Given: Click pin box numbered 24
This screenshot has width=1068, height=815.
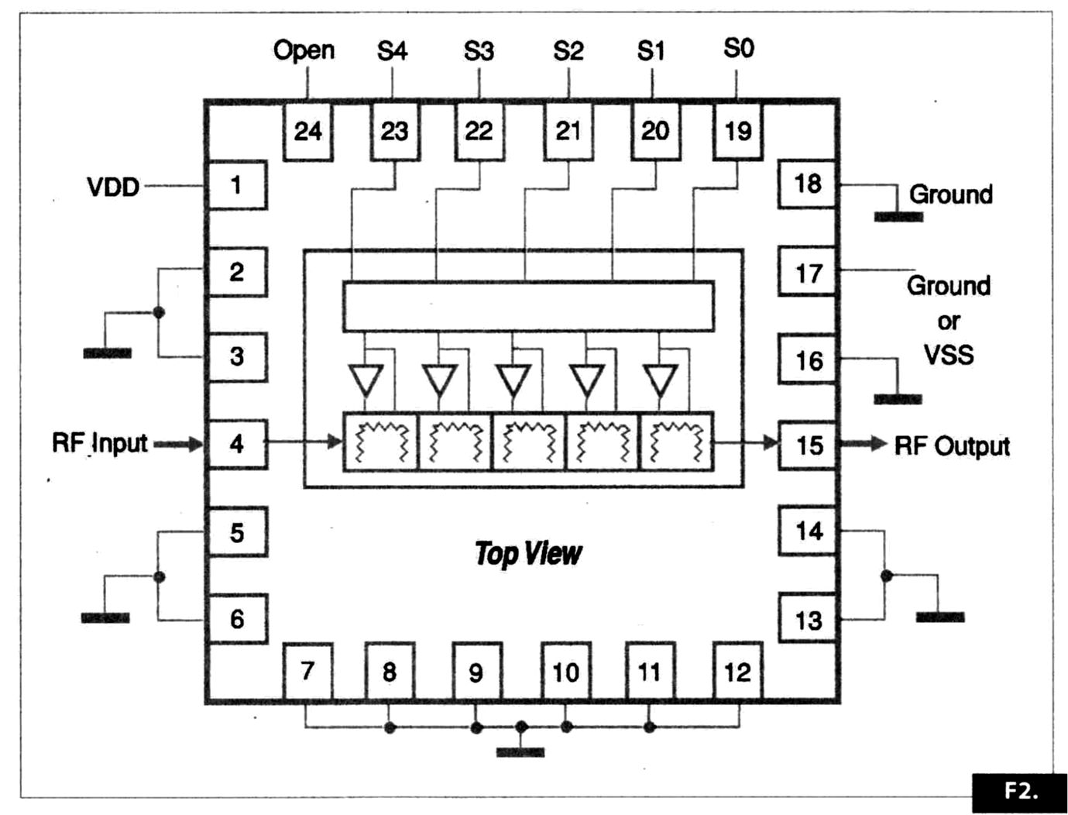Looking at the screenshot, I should pyautogui.click(x=307, y=131).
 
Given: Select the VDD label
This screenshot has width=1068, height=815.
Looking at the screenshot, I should pyautogui.click(x=113, y=187).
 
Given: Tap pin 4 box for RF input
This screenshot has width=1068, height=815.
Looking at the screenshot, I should pyautogui.click(x=237, y=444).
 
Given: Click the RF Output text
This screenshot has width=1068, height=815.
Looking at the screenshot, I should pyautogui.click(x=952, y=446).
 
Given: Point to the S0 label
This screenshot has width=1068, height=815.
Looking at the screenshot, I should pyautogui.click(x=738, y=49).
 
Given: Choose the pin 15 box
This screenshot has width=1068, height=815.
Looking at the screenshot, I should pyautogui.click(x=808, y=445).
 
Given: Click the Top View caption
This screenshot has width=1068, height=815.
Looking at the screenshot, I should pyautogui.click(x=528, y=553).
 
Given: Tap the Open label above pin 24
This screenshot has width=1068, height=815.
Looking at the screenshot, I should pyautogui.click(x=304, y=50).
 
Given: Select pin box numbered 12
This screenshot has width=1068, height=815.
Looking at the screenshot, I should pyautogui.click(x=737, y=672).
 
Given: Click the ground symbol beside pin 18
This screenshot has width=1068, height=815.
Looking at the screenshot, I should pyautogui.click(x=898, y=216).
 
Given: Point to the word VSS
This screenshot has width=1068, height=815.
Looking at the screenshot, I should pyautogui.click(x=949, y=355).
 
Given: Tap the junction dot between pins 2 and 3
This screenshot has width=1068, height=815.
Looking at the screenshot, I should pyautogui.click(x=159, y=313).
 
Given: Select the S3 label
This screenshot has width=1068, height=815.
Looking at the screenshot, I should pyautogui.click(x=479, y=51).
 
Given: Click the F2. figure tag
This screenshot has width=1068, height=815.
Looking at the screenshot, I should pyautogui.click(x=1021, y=791).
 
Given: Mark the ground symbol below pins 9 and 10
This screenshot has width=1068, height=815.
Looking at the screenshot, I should pyautogui.click(x=520, y=751).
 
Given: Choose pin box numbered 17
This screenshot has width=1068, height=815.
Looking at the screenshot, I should pyautogui.click(x=808, y=273).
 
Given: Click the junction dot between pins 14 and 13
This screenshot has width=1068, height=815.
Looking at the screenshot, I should pyautogui.click(x=887, y=576).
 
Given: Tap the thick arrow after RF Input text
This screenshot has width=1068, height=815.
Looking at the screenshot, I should pyautogui.click(x=178, y=445).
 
